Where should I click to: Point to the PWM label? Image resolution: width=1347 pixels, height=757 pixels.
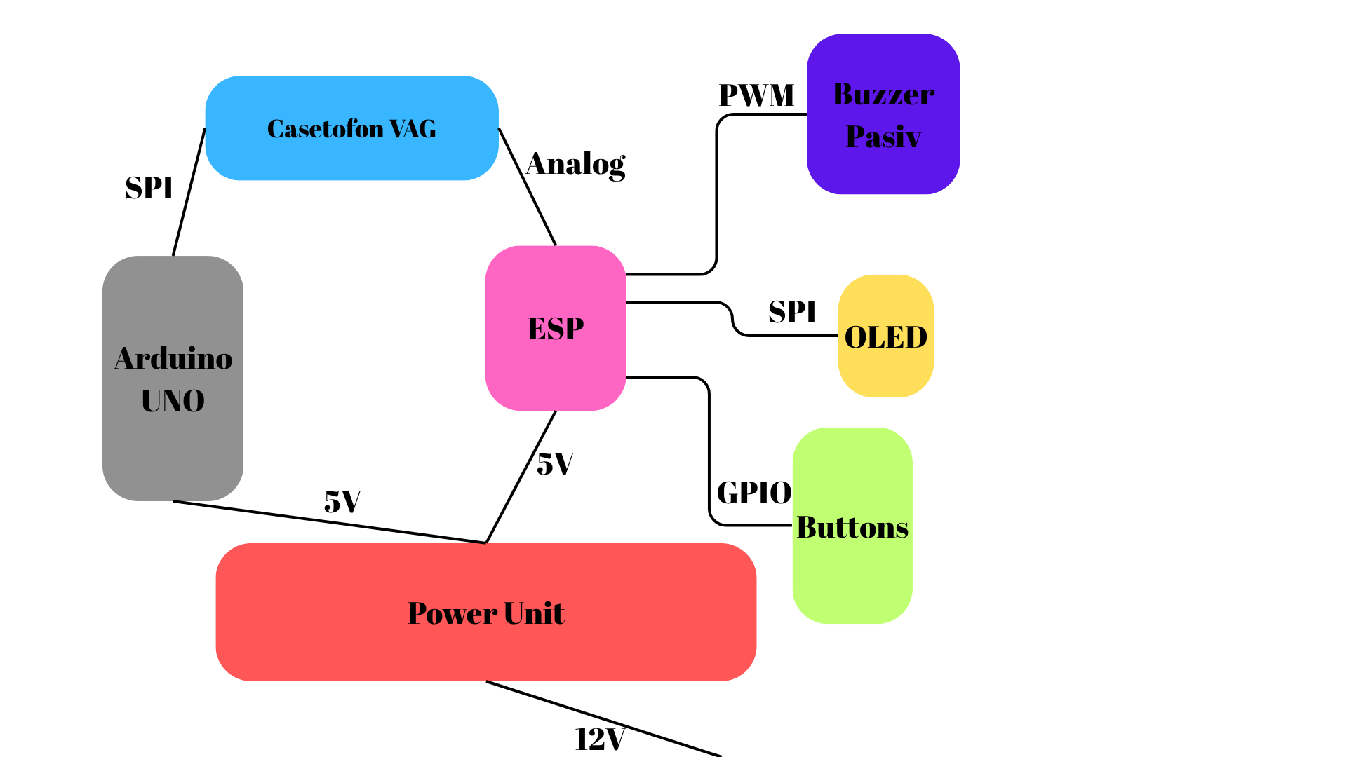(x=756, y=95)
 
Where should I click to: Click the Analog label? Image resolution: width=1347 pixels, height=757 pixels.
(x=576, y=165)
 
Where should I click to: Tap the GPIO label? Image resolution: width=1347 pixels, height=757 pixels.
(x=754, y=493)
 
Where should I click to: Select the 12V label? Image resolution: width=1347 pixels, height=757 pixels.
(x=600, y=739)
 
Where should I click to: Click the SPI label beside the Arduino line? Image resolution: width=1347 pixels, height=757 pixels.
(x=149, y=188)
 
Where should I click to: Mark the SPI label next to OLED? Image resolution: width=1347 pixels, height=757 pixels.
(x=792, y=312)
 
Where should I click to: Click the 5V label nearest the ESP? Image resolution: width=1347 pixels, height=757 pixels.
(x=555, y=464)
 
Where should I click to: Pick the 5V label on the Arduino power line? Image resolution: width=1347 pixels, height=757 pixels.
(x=342, y=502)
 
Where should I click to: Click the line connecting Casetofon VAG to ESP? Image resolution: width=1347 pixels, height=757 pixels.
(x=528, y=187)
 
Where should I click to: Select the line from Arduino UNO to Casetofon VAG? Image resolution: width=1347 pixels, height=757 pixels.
(x=189, y=193)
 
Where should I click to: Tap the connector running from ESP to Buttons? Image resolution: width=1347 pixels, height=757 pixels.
(x=709, y=449)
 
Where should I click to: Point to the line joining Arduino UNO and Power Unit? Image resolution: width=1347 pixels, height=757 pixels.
(x=330, y=522)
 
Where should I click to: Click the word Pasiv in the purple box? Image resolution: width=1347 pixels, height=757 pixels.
(x=883, y=137)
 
